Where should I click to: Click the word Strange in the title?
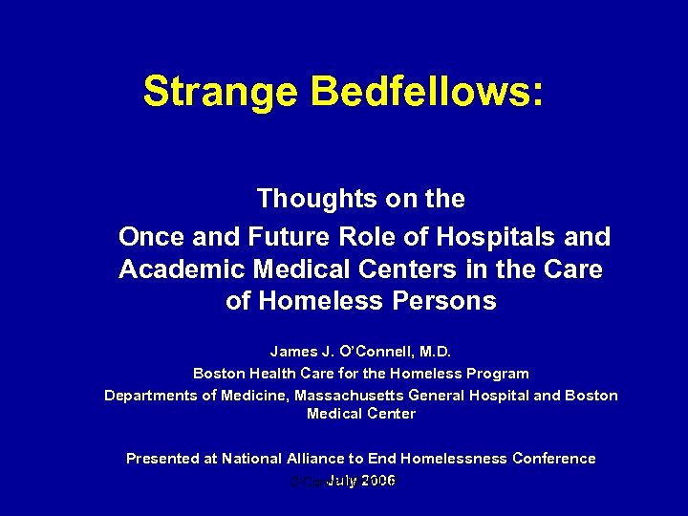220,93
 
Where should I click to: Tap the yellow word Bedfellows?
426,93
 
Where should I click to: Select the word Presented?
162,459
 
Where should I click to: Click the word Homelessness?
454,459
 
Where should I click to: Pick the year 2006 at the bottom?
376,480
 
